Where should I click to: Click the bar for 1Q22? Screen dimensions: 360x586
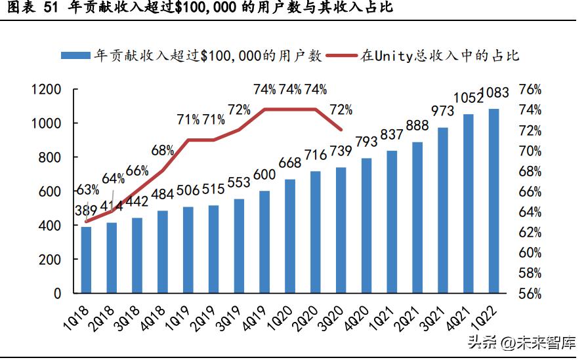pos(494,201)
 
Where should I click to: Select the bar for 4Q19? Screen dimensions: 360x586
pos(264,242)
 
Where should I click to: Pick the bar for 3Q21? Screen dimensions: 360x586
pos(443,210)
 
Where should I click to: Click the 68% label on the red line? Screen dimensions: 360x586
pos(163,151)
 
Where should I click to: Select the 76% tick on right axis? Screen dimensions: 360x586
pos(530,90)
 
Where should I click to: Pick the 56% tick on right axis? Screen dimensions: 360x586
pos(530,293)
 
